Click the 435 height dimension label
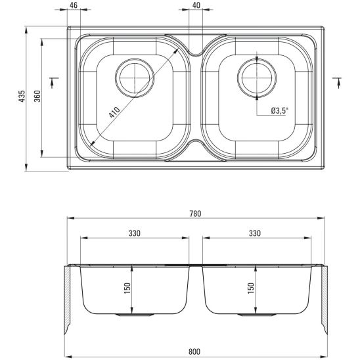tap(22, 96)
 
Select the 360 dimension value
tap(37, 96)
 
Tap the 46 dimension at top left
tap(74, 5)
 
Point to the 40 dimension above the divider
tap(196, 5)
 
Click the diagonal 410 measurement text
tap(114, 112)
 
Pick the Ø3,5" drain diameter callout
tap(279, 111)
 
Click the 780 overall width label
tap(195, 214)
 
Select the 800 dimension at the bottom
tap(194, 351)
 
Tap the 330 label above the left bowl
tap(134, 233)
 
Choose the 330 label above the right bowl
tap(255, 233)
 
